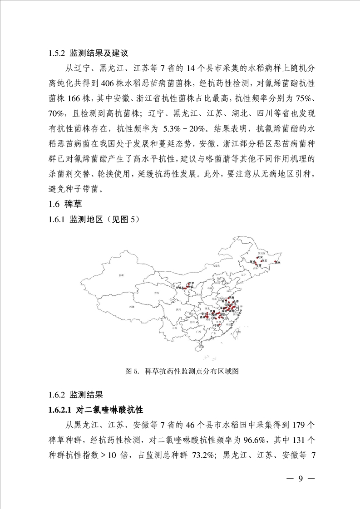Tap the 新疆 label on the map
point(121,275)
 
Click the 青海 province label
point(157,294)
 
